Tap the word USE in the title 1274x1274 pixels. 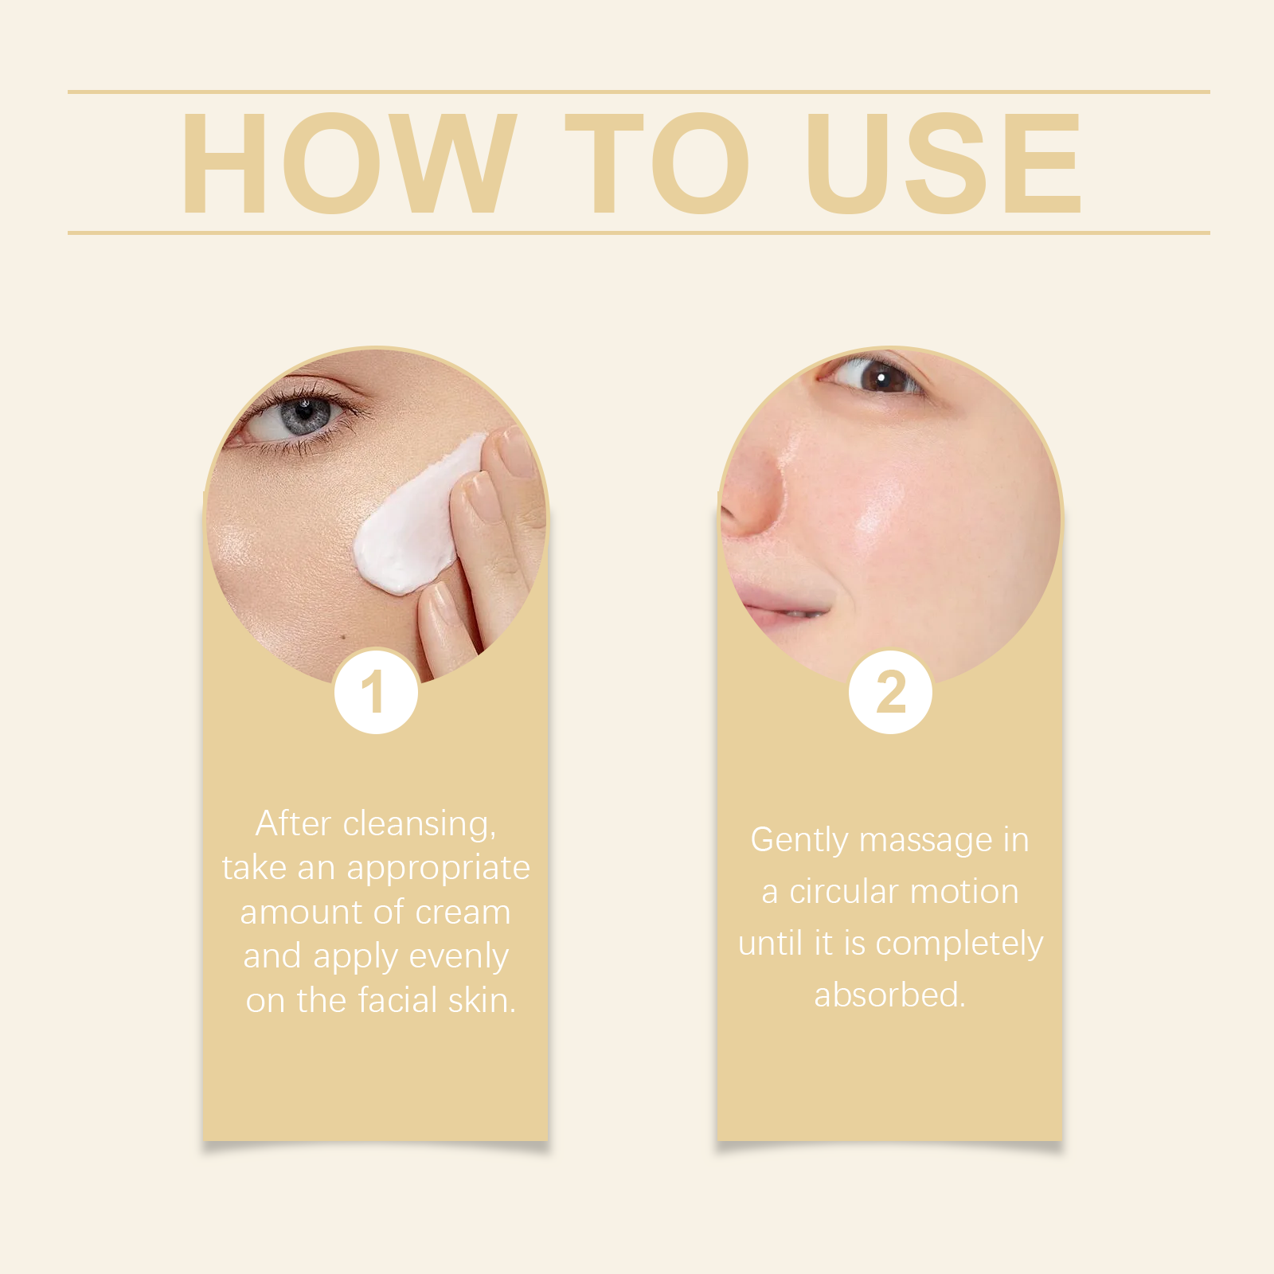click(944, 163)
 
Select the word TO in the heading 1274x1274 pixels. click(658, 163)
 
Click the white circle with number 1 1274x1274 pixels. click(376, 691)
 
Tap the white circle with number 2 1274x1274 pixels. click(890, 691)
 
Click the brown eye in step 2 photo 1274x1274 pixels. click(874, 376)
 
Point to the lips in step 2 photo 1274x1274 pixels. click(776, 604)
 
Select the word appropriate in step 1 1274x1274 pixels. click(438, 869)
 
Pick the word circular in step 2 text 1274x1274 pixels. click(845, 892)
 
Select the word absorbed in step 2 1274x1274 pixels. click(889, 995)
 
